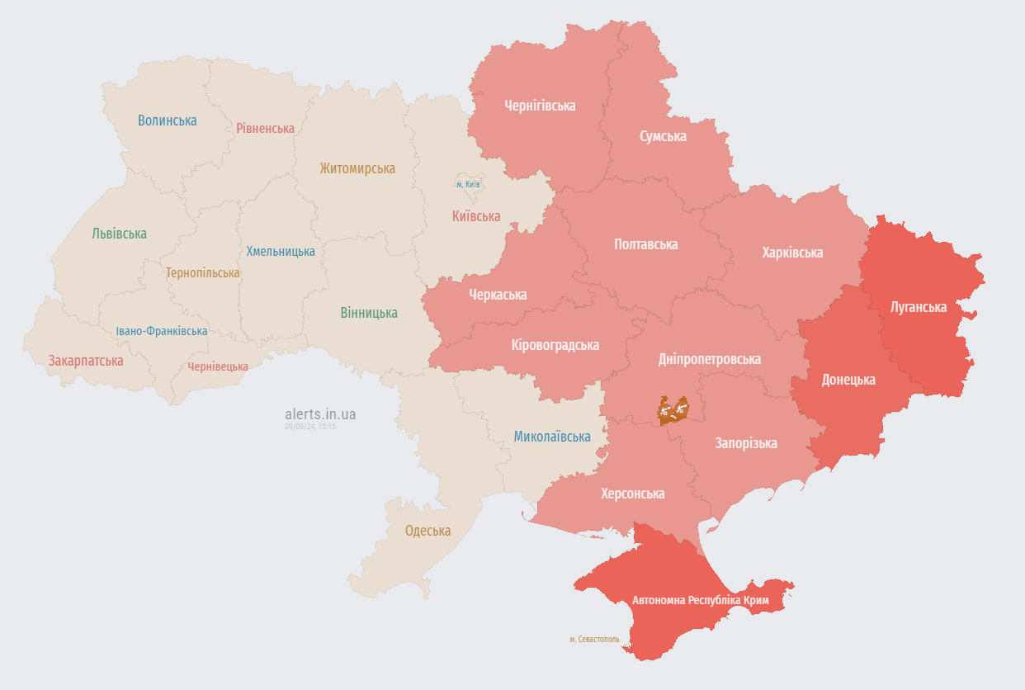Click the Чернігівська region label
(x=540, y=106)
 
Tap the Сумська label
(x=663, y=136)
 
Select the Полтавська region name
(x=645, y=244)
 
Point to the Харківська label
(x=792, y=253)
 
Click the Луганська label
(x=918, y=307)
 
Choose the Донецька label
(x=848, y=380)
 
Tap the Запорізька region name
(x=745, y=443)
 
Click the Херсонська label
(x=632, y=494)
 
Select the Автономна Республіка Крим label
(x=700, y=600)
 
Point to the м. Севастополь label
(x=594, y=640)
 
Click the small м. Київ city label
(x=468, y=184)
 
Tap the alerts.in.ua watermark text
(x=320, y=414)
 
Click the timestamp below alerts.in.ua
(x=310, y=427)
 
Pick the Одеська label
(x=427, y=531)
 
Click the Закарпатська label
(x=86, y=361)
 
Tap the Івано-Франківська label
(x=161, y=331)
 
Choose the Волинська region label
(x=167, y=121)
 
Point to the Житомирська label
(x=357, y=168)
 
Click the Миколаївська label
(x=552, y=437)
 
